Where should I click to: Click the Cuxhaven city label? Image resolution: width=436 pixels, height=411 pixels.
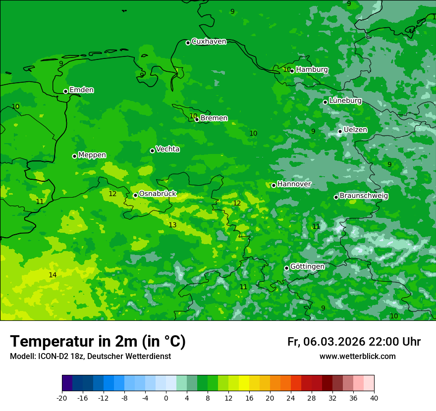pos(209,42)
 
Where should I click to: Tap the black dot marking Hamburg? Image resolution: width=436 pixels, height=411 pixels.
pos(292,71)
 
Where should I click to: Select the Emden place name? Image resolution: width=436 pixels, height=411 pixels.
pos(81,90)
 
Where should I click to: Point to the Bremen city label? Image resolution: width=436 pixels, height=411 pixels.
pos(214,118)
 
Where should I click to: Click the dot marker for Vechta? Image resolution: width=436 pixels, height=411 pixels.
pos(152,151)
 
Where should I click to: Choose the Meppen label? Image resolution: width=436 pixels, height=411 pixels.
pos(92,155)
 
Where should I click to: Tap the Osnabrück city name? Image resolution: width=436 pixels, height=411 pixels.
pos(158,194)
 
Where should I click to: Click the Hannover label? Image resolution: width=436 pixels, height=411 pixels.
pos(294,184)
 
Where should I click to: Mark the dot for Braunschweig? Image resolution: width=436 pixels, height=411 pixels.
pos(336,197)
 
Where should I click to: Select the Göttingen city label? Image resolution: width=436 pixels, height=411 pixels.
pos(307,267)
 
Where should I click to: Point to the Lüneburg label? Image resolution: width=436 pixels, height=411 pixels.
pos(345,101)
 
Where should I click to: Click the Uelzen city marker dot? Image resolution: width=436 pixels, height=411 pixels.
pos(340,131)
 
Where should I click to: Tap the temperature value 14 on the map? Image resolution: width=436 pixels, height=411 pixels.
pos(53,275)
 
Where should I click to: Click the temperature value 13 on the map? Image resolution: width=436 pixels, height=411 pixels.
pos(172,225)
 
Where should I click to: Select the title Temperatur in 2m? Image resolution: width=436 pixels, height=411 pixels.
pos(98,341)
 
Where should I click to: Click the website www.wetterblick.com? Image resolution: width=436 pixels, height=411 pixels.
pos(357,357)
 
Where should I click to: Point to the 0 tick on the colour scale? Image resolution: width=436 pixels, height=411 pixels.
pos(166,398)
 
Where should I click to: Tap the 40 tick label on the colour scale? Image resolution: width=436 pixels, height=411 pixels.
pos(374,398)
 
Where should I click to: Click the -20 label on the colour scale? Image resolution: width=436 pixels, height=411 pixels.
pos(61,398)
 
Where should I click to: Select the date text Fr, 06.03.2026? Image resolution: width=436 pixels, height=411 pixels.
pos(326,342)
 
